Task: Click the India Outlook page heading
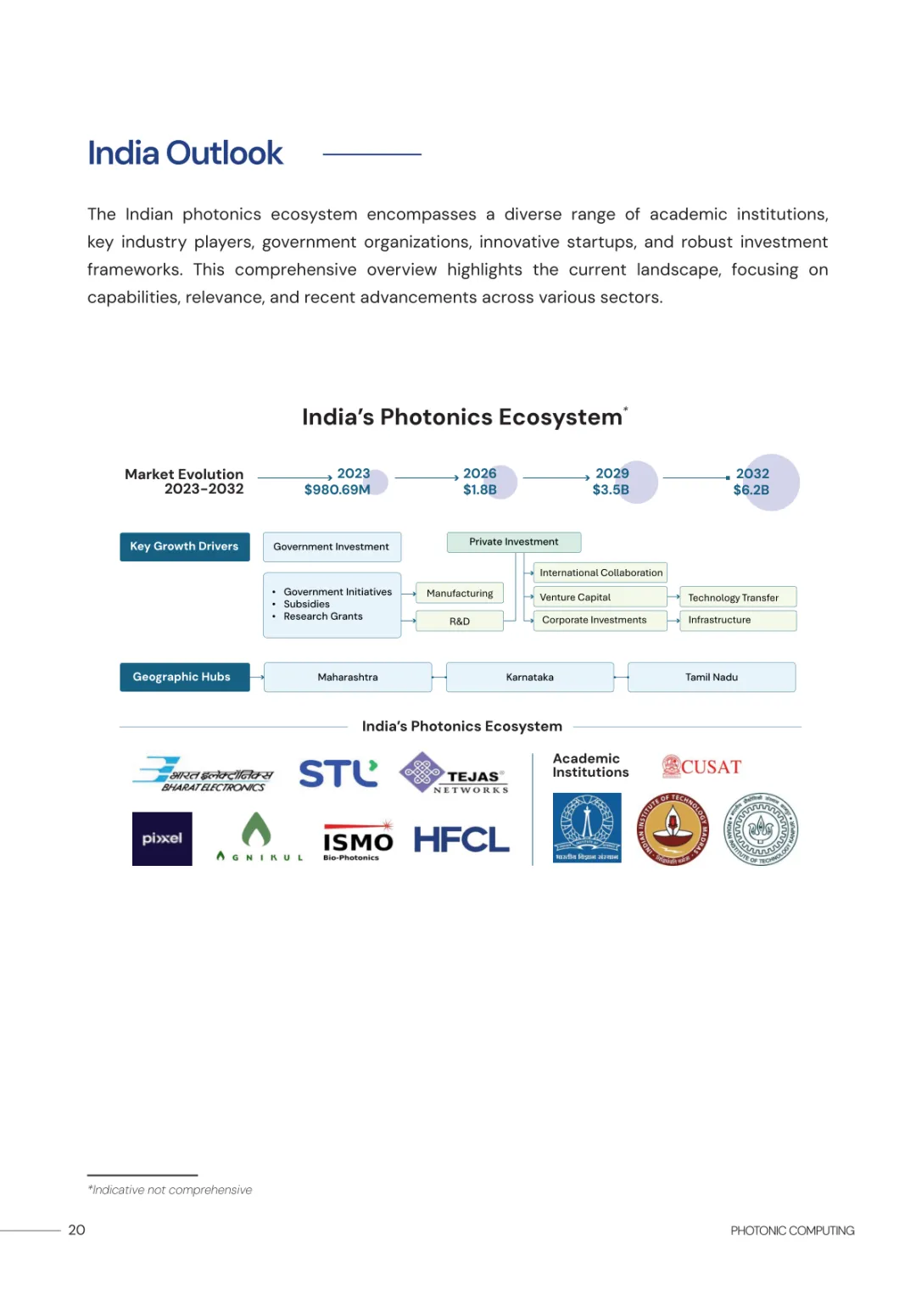tap(185, 154)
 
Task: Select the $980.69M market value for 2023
tap(337, 489)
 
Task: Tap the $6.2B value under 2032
tap(751, 490)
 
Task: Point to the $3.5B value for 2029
tap(611, 490)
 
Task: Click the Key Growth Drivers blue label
tap(184, 547)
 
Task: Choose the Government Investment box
tap(332, 547)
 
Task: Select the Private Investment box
tap(513, 542)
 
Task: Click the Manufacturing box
tap(459, 594)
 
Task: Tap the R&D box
tap(459, 622)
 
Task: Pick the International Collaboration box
tap(600, 573)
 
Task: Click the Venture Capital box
tap(600, 597)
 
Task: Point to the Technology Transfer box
tap(737, 598)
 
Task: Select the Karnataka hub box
tap(529, 678)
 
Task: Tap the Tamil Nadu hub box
tap(712, 678)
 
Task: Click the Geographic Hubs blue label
tap(184, 678)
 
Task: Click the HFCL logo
tap(461, 840)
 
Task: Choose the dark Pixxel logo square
tap(162, 839)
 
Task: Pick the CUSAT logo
tap(701, 767)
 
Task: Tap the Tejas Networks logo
tap(454, 773)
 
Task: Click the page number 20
tap(76, 1230)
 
